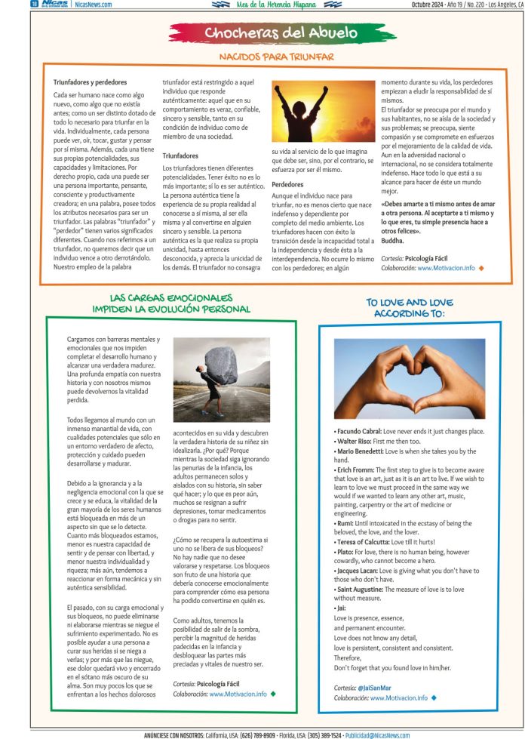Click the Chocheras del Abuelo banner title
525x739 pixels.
[x=275, y=32]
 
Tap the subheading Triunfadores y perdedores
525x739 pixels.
[x=90, y=82]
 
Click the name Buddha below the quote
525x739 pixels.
[x=393, y=241]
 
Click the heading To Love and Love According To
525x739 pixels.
[x=410, y=307]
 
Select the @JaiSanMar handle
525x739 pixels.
[x=373, y=688]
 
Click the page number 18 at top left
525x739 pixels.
[x=35, y=4]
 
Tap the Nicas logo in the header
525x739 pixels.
[x=57, y=4]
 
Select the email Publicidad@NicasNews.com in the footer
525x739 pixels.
[x=377, y=734]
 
